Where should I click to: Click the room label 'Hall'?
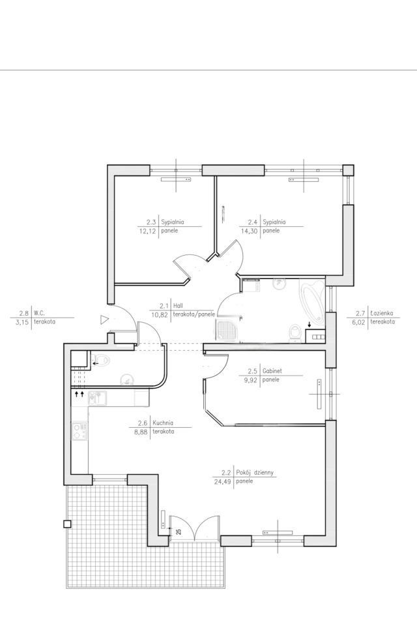178,306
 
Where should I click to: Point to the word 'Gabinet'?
272,371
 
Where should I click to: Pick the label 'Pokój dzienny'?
255,473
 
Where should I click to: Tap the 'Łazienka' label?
381,314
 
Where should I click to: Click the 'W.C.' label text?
39,314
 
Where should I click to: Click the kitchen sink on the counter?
97,398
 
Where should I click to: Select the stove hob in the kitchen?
79,432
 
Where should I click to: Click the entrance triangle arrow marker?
104,320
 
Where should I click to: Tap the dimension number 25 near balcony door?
179,531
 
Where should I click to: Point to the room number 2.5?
253,371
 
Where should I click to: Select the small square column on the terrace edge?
67,524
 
